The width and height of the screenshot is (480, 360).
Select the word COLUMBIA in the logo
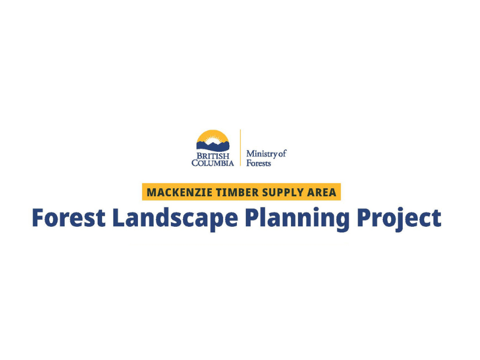point(213,163)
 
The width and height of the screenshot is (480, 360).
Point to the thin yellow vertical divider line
point(240,148)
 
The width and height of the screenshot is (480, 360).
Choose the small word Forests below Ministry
point(259,163)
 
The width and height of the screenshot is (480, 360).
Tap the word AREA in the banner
point(320,193)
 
